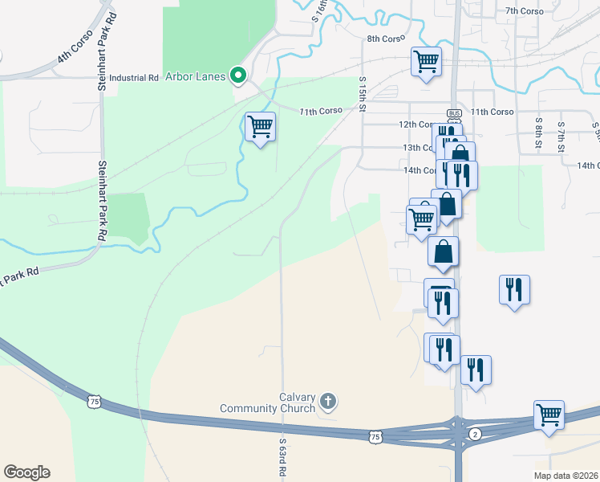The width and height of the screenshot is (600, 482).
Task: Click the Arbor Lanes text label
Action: click(195, 76)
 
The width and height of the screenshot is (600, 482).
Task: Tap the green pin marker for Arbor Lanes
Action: click(237, 76)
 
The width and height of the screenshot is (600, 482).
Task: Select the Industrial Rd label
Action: click(134, 78)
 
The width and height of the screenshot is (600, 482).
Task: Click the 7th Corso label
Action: click(525, 10)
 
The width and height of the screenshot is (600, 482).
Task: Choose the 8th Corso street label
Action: click(384, 39)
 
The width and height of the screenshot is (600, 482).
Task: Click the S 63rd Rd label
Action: click(283, 459)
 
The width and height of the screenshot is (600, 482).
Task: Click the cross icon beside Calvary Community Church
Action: click(327, 400)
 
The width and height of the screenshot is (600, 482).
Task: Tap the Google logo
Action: click(26, 472)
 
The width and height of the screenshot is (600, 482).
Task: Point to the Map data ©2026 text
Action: click(566, 476)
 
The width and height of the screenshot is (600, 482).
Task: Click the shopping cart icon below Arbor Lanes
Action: click(260, 125)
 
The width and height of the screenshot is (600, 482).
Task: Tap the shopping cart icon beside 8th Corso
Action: click(426, 60)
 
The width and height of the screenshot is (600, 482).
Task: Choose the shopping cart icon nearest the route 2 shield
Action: click(549, 415)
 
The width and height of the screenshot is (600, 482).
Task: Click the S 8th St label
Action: click(540, 127)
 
